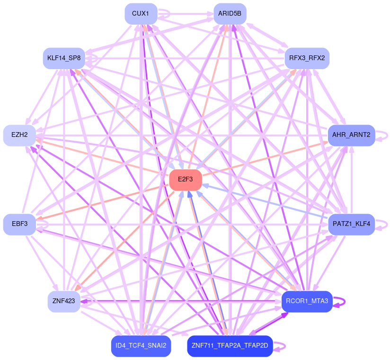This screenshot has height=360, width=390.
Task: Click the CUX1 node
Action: coord(141,14)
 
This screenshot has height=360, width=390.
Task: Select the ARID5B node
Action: coord(230,14)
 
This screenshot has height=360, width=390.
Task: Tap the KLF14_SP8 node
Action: coord(63,59)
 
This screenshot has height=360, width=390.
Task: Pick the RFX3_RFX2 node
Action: coord(307,59)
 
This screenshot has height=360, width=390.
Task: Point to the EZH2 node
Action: coord(19,135)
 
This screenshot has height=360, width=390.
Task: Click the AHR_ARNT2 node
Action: coord(351,135)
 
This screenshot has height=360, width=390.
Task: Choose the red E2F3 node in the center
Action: coord(186,180)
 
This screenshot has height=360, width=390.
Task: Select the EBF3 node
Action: coord(19,224)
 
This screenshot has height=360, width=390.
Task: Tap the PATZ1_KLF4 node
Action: coord(351,224)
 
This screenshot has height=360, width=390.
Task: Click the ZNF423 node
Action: coord(64,302)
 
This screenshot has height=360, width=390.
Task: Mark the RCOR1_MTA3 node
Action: coord(307,302)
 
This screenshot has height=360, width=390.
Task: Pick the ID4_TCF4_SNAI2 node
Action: coord(141,346)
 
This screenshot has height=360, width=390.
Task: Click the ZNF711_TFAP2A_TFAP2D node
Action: coord(230,346)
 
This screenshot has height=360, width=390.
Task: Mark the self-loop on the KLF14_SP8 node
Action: coord(97,59)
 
